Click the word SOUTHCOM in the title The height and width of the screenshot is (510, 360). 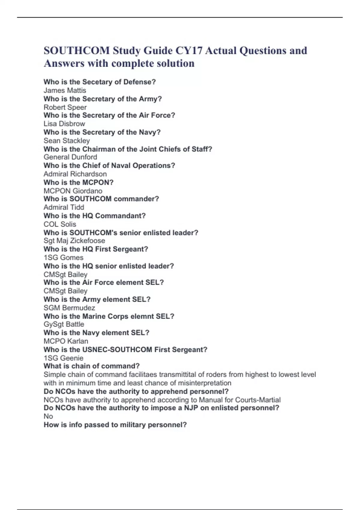[x=76, y=51]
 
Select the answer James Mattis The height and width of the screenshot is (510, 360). [x=65, y=90]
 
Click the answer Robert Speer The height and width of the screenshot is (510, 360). [x=65, y=107]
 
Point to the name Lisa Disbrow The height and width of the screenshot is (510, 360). [x=64, y=124]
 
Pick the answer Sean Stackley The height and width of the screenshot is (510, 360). [x=67, y=140]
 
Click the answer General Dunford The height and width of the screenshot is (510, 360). [x=70, y=157]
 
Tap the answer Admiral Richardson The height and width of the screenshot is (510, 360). [x=75, y=174]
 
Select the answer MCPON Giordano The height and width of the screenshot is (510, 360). [x=73, y=191]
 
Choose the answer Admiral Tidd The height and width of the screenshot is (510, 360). [x=64, y=207]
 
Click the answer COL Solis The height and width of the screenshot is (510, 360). [x=60, y=224]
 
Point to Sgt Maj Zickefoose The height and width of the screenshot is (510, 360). [x=74, y=241]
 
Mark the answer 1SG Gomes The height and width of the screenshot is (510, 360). [x=63, y=257]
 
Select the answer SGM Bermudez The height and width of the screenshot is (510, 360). [x=69, y=308]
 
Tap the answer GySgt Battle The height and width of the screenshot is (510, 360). [x=64, y=324]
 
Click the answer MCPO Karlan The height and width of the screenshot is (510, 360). [x=66, y=341]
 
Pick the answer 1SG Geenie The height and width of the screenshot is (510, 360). [x=63, y=358]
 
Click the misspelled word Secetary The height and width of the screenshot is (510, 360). [x=97, y=82]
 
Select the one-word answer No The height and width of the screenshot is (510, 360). [x=48, y=416]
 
